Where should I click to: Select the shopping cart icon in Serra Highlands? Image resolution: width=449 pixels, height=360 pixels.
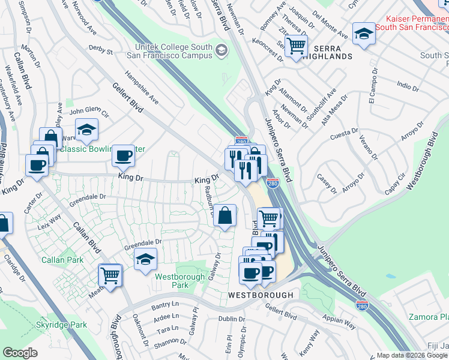coord(295,45)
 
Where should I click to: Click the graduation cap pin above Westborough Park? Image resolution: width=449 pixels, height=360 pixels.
coord(145,260)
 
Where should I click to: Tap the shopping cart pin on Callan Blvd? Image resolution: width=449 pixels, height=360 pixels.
coord(110,275)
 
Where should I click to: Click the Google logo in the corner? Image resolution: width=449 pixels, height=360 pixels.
coord(20,353)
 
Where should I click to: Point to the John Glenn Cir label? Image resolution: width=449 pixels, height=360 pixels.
coord(88,112)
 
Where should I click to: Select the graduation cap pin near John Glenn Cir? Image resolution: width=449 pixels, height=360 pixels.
coord(86,129)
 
